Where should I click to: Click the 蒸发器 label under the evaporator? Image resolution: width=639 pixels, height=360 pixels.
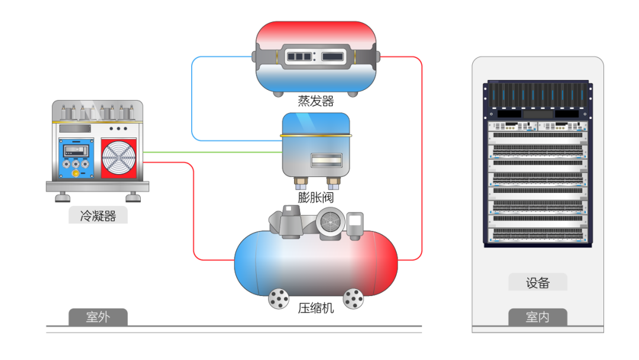click(316, 101)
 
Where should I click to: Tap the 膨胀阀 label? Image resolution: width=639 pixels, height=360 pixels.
click(316, 197)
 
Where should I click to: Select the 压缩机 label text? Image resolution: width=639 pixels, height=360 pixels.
click(316, 308)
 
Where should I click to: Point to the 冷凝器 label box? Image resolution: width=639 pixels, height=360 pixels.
click(98, 216)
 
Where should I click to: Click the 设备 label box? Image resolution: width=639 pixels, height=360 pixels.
click(537, 282)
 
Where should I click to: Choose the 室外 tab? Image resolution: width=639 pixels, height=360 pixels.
click(98, 317)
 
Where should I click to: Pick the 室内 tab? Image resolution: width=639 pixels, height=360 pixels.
click(537, 317)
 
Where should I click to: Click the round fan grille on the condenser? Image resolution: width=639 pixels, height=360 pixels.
click(118, 157)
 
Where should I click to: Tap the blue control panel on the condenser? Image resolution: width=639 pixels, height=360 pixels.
click(76, 158)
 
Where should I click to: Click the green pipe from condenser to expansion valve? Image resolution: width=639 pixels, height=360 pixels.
click(213, 152)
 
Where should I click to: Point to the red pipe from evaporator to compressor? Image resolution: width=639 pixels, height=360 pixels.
click(422, 158)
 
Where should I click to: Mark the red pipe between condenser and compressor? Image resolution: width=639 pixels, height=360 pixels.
click(193, 211)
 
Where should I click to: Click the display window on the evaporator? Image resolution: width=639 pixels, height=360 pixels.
click(316, 56)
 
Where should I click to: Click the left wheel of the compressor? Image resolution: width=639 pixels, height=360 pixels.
click(279, 298)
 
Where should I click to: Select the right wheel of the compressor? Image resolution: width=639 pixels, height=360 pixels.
click(353, 298)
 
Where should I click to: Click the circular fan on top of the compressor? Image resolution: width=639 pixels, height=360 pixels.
click(331, 222)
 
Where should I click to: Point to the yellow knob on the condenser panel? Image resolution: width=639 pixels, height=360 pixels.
click(75, 173)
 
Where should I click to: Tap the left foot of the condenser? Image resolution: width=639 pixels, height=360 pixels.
click(62, 197)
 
